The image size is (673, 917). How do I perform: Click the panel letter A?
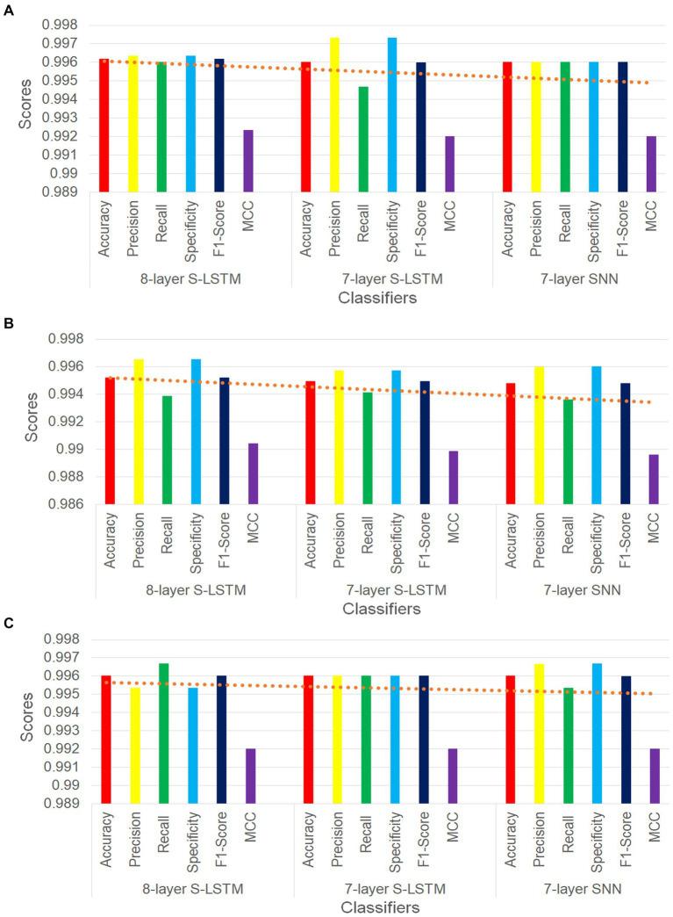click(x=9, y=9)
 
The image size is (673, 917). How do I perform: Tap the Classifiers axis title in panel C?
click(x=380, y=906)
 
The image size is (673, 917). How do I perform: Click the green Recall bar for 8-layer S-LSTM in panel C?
click(x=163, y=733)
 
